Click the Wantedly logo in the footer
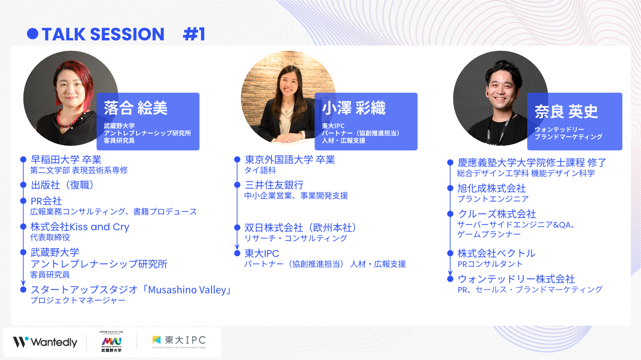tap(45, 342)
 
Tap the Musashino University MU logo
tap(111, 341)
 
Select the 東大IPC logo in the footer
tap(179, 341)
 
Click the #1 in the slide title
tap(194, 34)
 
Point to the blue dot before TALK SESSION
tap(32, 34)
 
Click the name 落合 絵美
tap(135, 108)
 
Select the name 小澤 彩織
tap(354, 108)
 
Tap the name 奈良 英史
tap(566, 111)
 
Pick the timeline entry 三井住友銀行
tap(274, 185)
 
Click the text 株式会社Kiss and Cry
tap(80, 227)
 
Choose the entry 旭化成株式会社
tap(491, 188)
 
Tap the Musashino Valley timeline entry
tap(131, 290)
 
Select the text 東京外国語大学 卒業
tap(290, 159)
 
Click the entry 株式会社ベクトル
tap(496, 253)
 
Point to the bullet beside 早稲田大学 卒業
tap(24, 159)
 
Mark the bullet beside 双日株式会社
tap(237, 227)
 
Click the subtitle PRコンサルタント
tap(490, 264)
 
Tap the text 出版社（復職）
tap(62, 185)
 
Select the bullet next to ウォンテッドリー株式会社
tap(450, 279)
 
